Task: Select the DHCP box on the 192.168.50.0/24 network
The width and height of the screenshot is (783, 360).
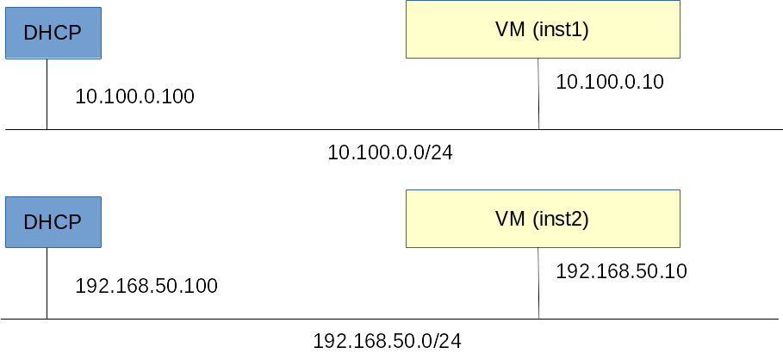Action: click(53, 221)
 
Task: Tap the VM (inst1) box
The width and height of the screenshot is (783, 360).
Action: click(542, 29)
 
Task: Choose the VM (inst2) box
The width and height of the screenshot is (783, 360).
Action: click(542, 219)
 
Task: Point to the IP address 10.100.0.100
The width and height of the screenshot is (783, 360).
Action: click(135, 96)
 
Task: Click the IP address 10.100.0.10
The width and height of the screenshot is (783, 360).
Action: click(610, 83)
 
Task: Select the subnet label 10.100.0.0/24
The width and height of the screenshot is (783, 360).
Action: click(390, 152)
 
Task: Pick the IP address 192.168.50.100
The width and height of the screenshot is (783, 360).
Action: click(146, 286)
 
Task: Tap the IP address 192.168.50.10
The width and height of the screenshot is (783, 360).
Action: click(621, 272)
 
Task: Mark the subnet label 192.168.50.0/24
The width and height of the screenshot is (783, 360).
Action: click(388, 341)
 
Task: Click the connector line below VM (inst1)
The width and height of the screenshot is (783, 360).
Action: click(539, 94)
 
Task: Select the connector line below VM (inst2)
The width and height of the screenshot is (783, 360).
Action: click(539, 283)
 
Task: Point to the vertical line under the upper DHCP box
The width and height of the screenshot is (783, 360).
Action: click(47, 95)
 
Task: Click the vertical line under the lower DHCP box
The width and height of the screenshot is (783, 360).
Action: click(47, 283)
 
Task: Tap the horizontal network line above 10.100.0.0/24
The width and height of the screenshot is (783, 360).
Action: click(258, 129)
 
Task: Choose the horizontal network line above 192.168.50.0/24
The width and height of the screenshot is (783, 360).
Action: click(258, 319)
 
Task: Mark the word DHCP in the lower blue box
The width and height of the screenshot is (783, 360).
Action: click(53, 221)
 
